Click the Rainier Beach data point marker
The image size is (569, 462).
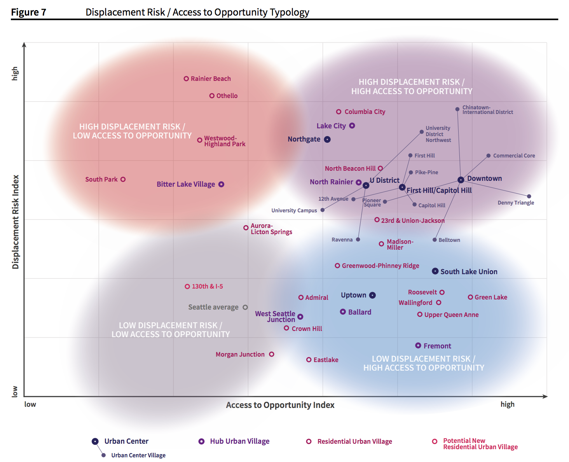coord(186,79)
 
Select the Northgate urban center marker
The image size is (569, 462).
coord(327,139)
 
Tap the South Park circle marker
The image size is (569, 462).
coord(123,179)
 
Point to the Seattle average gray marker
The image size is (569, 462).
coord(245,307)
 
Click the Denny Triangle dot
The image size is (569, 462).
coord(529,196)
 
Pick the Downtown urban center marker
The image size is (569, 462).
coord(461,180)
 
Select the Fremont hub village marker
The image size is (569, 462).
coord(418,345)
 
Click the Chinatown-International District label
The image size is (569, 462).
coord(487,110)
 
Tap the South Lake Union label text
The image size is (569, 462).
coord(469,271)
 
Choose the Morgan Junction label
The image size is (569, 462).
coord(240,354)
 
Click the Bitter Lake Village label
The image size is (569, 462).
coord(186,184)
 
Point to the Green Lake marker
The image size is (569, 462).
coord(470,297)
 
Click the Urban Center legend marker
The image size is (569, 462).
coord(95,441)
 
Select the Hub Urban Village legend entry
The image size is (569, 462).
coord(239,441)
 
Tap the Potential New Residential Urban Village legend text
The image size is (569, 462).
coord(480,444)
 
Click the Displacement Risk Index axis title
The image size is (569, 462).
coord(16,222)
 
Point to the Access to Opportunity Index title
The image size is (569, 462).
coord(280,405)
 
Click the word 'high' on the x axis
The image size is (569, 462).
coord(507,404)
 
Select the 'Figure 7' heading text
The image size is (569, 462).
coord(28,12)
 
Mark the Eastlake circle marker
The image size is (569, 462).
coord(309,360)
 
